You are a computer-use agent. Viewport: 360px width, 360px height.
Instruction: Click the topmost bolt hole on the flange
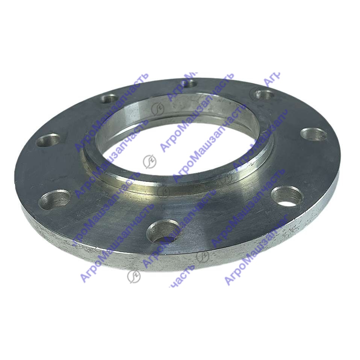(x=189, y=83)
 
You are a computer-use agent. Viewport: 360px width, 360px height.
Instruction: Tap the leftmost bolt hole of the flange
(x=49, y=140)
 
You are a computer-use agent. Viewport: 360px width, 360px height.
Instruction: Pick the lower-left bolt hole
(x=55, y=199)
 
